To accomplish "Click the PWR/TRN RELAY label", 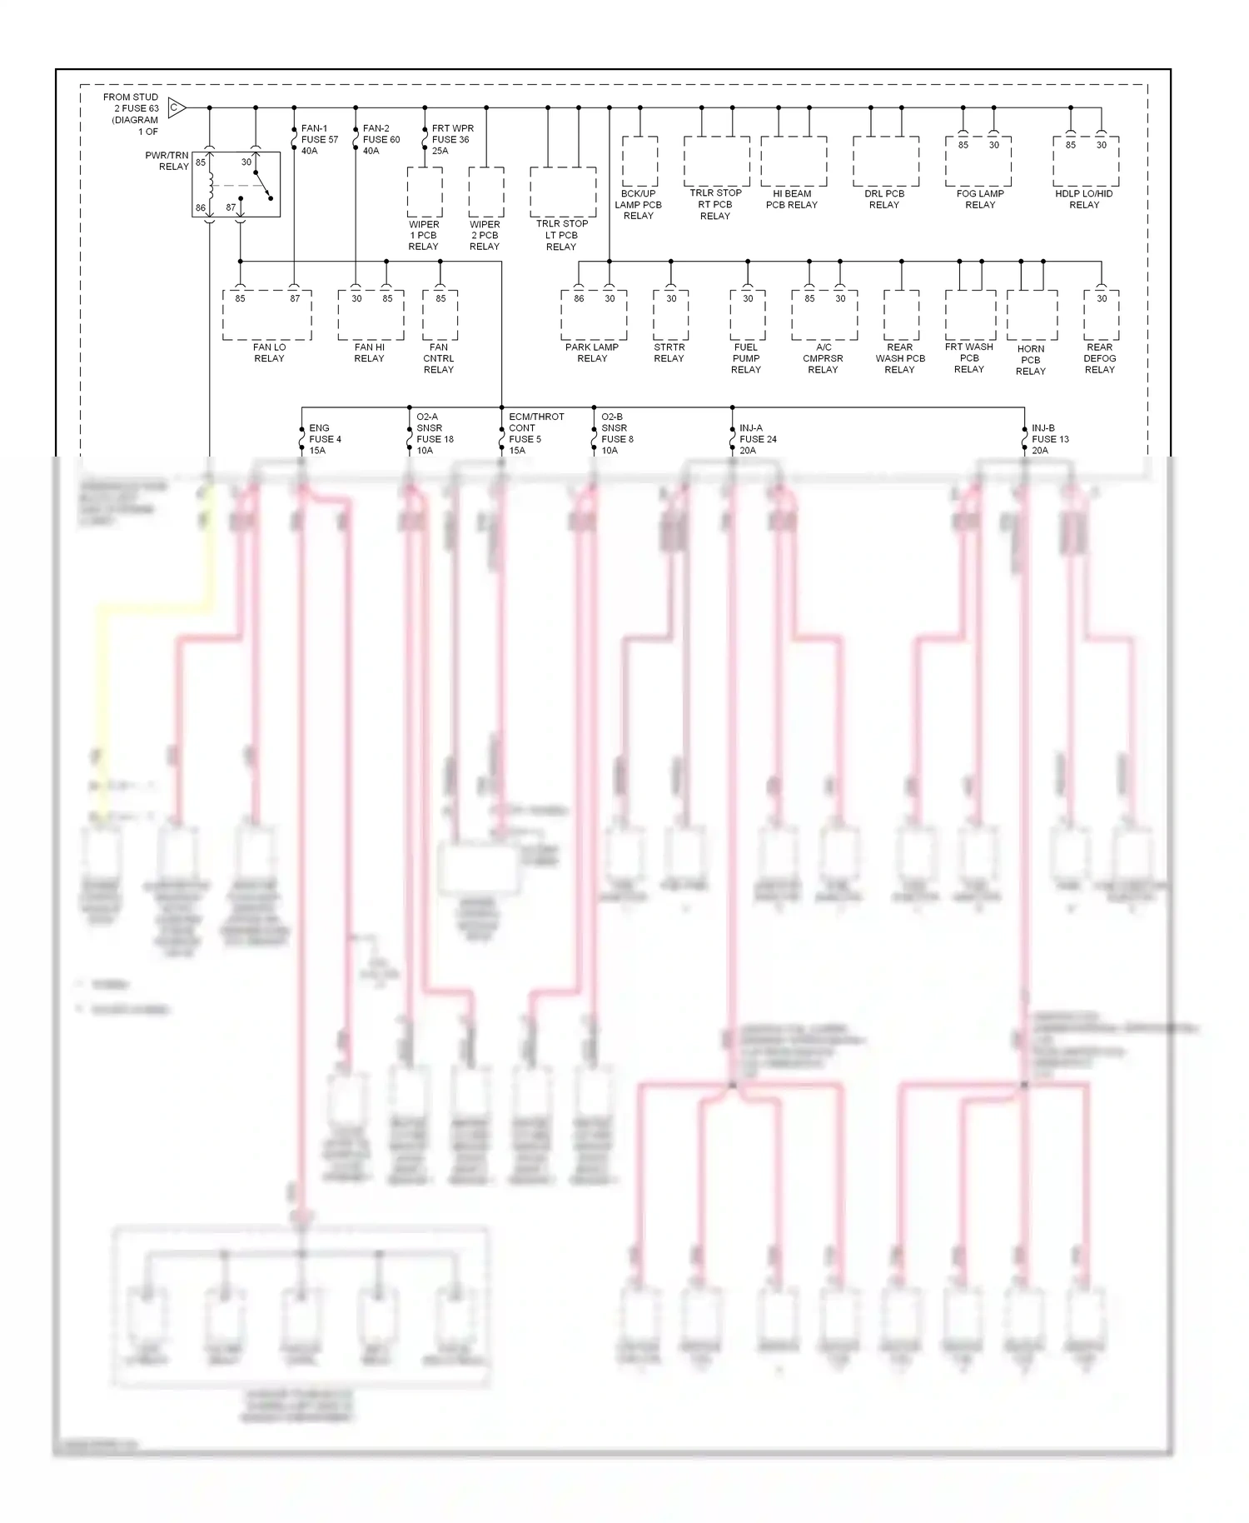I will coord(167,161).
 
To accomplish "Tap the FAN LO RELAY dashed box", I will coord(267,315).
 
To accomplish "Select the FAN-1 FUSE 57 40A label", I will coord(320,139).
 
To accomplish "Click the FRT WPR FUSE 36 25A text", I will coord(452,139).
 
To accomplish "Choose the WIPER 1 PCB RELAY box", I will coord(425,192).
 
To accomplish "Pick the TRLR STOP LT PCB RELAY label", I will coord(562,235).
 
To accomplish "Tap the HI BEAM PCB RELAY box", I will coord(794,162).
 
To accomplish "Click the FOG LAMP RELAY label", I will coord(980,199).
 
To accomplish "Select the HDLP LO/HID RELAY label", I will coord(1084,199).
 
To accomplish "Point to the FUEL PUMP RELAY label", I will coord(746,358).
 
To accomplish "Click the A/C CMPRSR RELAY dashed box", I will coord(824,315).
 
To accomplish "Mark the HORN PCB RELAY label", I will coord(1031,360).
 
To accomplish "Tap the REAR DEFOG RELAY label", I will coord(1100,358).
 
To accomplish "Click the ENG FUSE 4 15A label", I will coord(326,439).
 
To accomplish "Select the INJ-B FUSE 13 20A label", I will coord(1050,439).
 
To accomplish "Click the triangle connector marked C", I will coord(176,107).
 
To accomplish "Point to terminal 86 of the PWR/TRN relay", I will coord(201,207).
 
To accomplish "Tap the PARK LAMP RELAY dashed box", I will coord(594,315).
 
